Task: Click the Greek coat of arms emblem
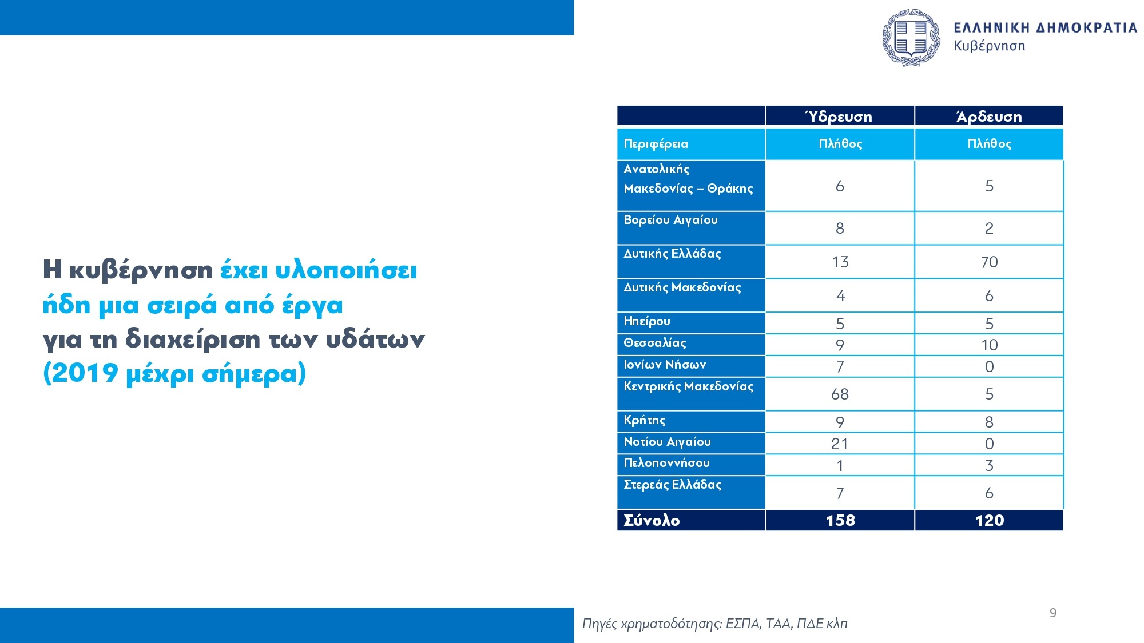coord(911,37)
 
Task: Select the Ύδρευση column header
coord(839,117)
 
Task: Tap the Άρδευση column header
coord(989,117)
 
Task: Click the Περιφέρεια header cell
coord(656,144)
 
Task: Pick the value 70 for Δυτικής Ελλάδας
coord(989,262)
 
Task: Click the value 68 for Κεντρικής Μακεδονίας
coord(840,394)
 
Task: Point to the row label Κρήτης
coord(645,420)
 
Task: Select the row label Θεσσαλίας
coord(655,343)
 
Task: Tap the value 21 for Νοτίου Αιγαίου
coord(840,444)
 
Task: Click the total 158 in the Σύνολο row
coord(840,520)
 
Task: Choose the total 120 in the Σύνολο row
coord(989,520)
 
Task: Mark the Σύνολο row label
coord(652,520)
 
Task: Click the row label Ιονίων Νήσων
coord(665,365)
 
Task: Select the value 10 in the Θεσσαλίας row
coord(989,345)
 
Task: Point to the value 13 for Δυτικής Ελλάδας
coord(840,262)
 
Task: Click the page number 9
coord(1052,613)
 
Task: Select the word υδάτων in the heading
coord(375,339)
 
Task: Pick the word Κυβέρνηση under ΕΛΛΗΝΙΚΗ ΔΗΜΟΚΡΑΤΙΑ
coord(989,46)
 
